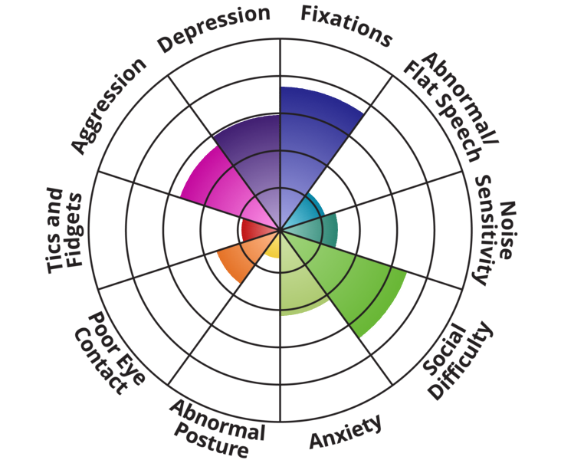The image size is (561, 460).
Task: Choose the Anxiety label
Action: coord(345,434)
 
